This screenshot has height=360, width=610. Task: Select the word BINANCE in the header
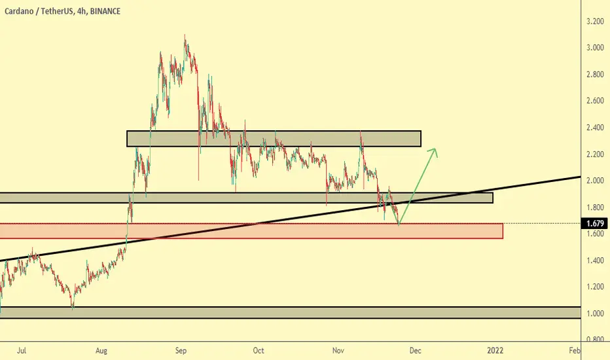105,11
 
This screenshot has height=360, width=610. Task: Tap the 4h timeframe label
81,11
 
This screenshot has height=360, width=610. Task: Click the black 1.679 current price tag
595,223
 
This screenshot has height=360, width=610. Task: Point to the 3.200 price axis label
595,22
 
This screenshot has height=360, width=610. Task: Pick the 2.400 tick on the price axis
595,128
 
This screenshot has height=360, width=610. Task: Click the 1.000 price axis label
595,314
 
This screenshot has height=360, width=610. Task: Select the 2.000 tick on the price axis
595,181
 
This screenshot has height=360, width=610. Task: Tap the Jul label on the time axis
22,351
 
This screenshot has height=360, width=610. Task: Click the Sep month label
181,351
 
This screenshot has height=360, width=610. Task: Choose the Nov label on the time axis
338,351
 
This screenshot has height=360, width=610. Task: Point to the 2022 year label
495,351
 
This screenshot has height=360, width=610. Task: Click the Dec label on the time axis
415,351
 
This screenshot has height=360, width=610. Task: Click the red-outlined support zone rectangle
251,231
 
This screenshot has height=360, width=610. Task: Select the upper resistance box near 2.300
274,139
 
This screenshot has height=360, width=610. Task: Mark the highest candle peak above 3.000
185,35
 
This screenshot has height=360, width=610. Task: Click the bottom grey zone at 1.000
290,312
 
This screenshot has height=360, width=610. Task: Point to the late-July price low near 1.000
73,308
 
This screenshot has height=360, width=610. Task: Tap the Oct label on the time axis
259,351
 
